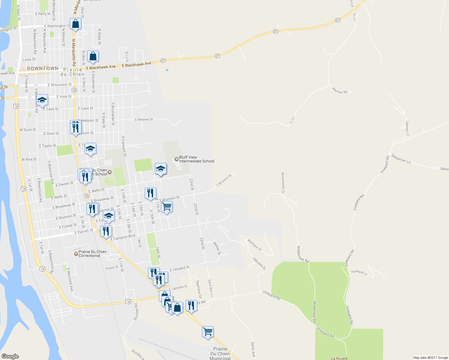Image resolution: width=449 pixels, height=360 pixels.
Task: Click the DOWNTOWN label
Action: pyautogui.click(x=43, y=68)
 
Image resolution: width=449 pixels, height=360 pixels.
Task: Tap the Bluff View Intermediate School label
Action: pyautogui.click(x=196, y=159)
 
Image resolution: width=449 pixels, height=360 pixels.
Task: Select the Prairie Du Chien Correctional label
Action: pyautogui.click(x=92, y=254)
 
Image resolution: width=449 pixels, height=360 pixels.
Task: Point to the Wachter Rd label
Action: pyautogui.click(x=339, y=90)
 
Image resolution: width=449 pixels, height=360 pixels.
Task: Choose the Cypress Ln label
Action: pyautogui.click(x=407, y=128)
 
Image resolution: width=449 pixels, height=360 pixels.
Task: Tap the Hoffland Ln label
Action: pyautogui.click(x=359, y=272)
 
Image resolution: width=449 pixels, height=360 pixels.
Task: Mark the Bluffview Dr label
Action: pyautogui.click(x=255, y=245)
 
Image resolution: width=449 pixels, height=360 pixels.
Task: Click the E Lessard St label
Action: pyautogui.click(x=179, y=268)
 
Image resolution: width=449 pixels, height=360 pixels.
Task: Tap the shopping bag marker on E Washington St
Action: pyautogui.click(x=76, y=24)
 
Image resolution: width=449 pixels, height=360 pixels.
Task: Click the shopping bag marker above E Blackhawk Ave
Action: pyautogui.click(x=93, y=56)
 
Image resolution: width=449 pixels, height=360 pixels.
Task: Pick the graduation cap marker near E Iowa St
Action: pyautogui.click(x=42, y=100)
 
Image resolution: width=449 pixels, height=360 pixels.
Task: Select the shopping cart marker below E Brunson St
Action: pyautogui.click(x=167, y=207)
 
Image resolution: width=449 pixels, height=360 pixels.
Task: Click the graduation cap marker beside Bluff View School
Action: pyautogui.click(x=161, y=169)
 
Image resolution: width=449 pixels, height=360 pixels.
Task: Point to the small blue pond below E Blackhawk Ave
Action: pyautogui.click(x=167, y=70)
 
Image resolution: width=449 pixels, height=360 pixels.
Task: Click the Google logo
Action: pyautogui.click(x=10, y=356)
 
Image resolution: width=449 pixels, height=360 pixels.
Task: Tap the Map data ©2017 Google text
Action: pyautogui.click(x=430, y=358)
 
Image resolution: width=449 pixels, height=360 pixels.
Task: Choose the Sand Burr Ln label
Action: pyautogui.click(x=211, y=288)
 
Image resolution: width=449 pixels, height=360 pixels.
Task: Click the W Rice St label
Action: pyautogui.click(x=29, y=159)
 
